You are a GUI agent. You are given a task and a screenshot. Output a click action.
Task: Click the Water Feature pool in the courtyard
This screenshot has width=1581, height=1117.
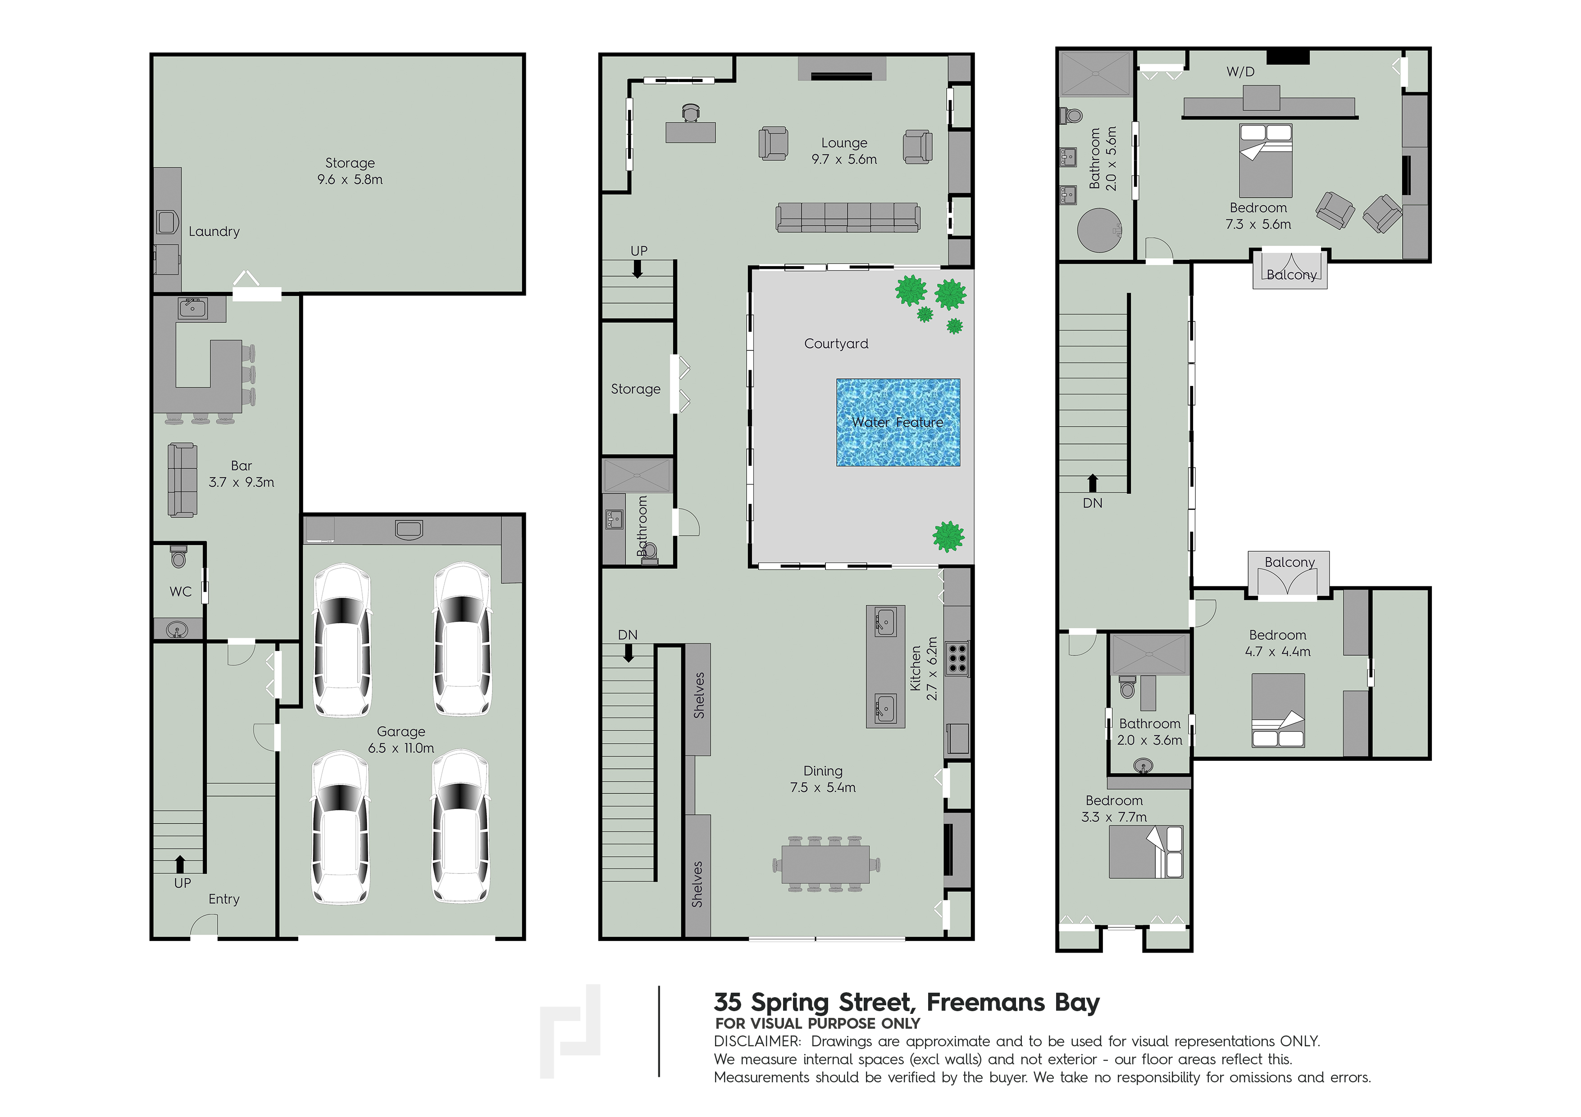tap(898, 422)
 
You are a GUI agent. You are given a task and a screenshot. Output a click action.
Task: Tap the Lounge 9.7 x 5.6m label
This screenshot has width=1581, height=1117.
tap(844, 151)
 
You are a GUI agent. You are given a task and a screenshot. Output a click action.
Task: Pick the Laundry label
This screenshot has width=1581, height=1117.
tap(214, 231)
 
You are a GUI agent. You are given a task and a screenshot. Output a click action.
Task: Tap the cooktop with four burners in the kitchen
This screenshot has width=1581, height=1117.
tap(957, 658)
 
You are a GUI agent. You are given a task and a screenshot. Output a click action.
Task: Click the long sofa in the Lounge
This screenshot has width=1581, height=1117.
tap(847, 218)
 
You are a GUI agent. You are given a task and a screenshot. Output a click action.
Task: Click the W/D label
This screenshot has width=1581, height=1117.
tap(1240, 72)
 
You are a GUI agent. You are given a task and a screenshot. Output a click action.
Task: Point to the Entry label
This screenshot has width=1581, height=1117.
tap(224, 899)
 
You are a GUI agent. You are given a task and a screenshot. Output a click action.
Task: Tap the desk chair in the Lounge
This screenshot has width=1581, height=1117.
tap(691, 113)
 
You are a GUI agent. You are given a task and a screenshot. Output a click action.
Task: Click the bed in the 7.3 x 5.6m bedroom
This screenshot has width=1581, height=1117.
tap(1265, 160)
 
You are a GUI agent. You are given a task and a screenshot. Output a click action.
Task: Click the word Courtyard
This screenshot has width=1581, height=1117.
tap(836, 343)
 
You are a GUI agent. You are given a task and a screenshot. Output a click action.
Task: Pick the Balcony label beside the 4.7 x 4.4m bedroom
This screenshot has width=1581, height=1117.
tap(1289, 562)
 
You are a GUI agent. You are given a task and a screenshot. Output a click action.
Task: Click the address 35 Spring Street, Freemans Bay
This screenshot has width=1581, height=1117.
tap(906, 1002)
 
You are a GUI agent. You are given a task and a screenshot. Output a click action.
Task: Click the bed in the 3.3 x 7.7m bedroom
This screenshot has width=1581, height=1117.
tap(1146, 852)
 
